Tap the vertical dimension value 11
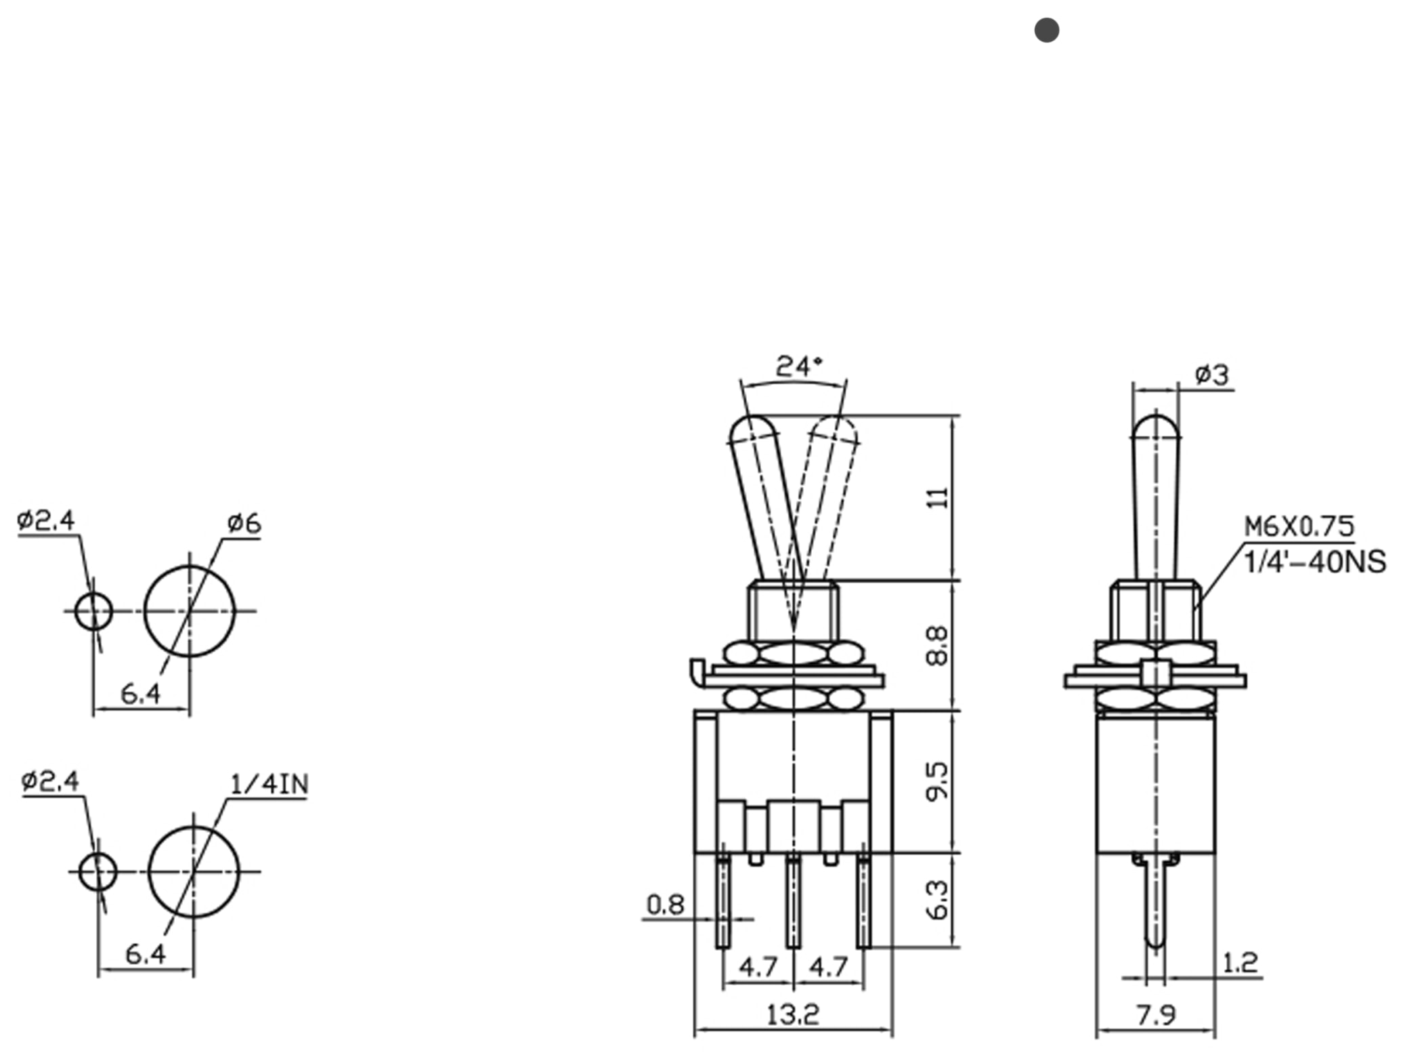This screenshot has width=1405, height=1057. pos(937,498)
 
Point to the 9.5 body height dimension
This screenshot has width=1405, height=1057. pos(937,781)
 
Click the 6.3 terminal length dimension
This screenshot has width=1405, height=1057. pos(937,900)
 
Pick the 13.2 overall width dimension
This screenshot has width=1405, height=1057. pos(792,1014)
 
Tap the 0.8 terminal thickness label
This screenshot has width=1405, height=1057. pos(665,905)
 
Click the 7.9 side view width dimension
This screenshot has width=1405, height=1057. pos(1156,1015)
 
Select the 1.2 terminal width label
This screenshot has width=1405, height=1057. pos(1240,962)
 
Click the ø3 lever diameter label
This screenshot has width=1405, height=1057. pos(1211,374)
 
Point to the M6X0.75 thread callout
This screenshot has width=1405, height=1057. pos(1299,526)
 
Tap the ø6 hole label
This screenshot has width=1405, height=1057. pos(244,523)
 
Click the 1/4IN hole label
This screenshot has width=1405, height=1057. pos(269,785)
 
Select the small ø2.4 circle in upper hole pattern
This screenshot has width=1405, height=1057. pos(93,611)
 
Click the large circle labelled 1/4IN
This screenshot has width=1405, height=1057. pos(194,871)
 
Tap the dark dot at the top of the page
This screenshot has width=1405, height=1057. pos(1046,30)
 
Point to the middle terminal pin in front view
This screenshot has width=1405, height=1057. pos(793,901)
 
